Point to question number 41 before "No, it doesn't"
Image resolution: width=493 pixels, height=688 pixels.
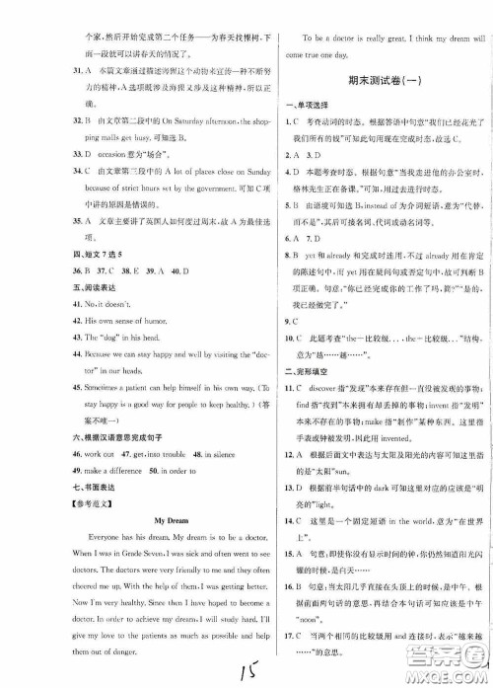coord(35,294)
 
